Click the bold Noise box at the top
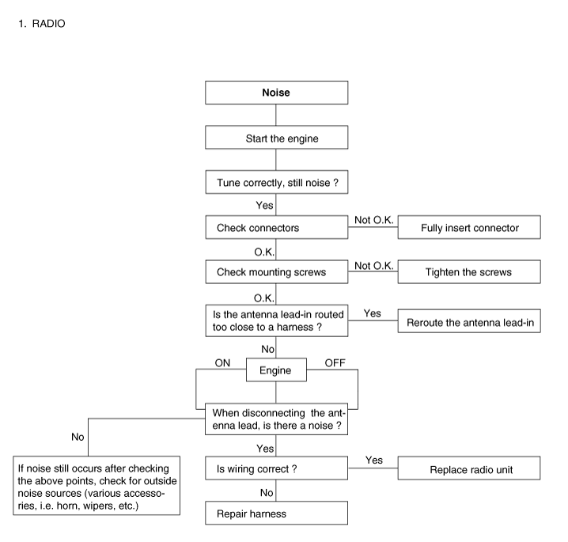276,93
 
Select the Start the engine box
276,138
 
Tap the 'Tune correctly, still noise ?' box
277,182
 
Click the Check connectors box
277,227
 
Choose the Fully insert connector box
469,227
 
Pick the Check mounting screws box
277,271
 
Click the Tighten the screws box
469,271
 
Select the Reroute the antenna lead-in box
469,321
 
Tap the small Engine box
276,370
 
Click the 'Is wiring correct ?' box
276,468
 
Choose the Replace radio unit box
469,468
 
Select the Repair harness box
276,513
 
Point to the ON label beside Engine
222,363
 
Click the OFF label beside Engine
335,363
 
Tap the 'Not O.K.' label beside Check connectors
374,220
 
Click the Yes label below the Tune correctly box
264,206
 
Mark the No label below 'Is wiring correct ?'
267,493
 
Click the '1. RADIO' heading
42,24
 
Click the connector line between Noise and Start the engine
276,116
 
